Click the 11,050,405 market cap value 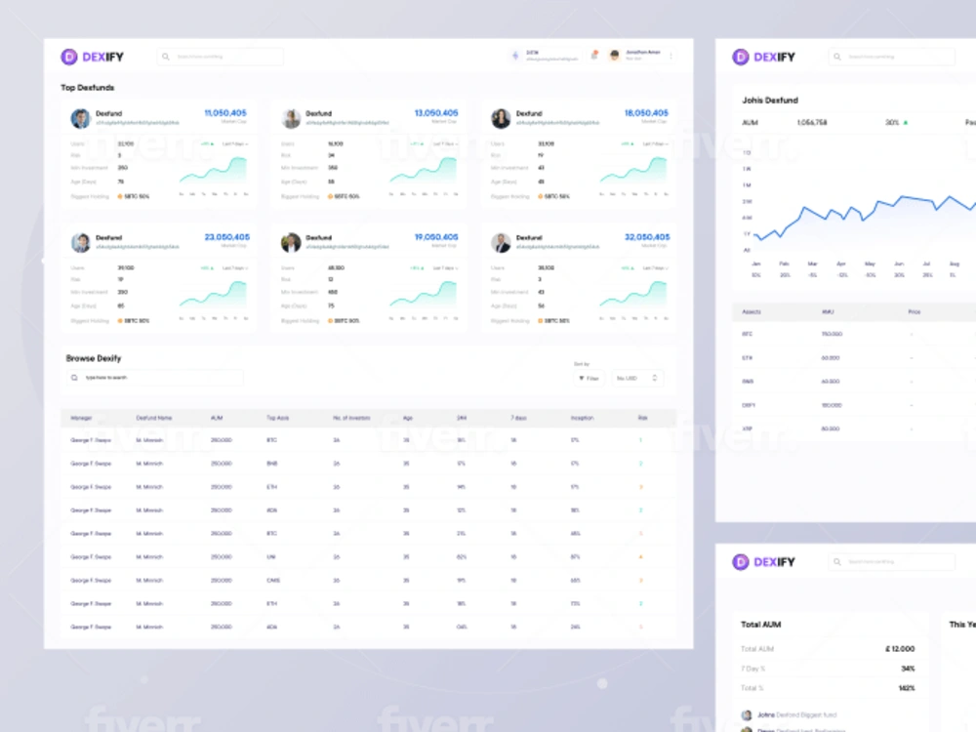coord(224,113)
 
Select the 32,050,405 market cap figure coord(647,237)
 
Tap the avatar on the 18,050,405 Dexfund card coord(501,118)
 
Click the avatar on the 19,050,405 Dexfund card coord(291,242)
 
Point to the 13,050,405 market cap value coord(435,113)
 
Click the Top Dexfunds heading coord(87,88)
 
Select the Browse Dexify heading coord(94,358)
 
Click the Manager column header coord(81,418)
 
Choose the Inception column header coord(582,418)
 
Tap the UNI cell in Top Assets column coord(271,557)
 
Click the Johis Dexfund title coord(770,100)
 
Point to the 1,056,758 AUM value coord(812,123)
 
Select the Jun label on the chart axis coord(898,264)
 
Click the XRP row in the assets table coord(748,428)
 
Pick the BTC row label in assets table coord(747,334)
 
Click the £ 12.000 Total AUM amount coord(899,649)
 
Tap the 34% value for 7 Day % coord(908,669)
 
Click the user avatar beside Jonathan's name coord(615,57)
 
